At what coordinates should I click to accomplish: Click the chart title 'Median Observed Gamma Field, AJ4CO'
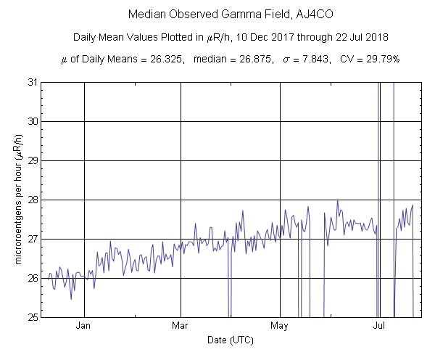click(217, 15)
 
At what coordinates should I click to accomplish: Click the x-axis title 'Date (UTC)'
click(231, 340)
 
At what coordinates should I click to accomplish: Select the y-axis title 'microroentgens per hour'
click(17, 200)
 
